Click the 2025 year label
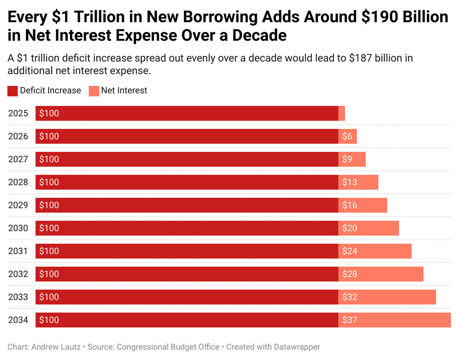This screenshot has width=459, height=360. (x=18, y=113)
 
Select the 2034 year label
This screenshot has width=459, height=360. (x=18, y=320)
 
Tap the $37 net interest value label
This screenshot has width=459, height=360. (x=350, y=320)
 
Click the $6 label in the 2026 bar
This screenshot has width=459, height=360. (x=347, y=136)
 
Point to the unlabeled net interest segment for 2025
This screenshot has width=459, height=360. (x=342, y=113)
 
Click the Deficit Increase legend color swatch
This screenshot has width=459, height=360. (x=13, y=91)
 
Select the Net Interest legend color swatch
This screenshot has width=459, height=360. (x=94, y=91)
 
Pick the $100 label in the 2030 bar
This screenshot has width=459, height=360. (x=49, y=228)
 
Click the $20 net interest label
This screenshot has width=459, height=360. (x=350, y=228)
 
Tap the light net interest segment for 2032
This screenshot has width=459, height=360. (x=381, y=274)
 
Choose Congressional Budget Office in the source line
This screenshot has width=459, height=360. (x=168, y=347)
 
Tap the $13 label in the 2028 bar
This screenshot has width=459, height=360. (x=350, y=182)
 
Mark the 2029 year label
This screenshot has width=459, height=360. (x=18, y=205)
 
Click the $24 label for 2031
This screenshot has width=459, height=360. (x=350, y=251)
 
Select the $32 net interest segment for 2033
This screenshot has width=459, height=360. (x=387, y=297)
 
